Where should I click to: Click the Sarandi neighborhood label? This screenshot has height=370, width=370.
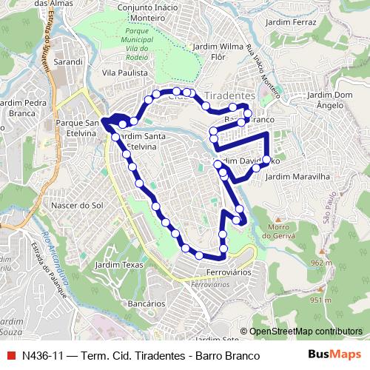point(67,63)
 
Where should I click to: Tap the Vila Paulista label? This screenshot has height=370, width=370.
point(124,73)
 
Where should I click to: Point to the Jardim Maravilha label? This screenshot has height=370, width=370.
point(296,177)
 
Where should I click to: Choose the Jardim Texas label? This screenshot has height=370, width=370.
point(118,264)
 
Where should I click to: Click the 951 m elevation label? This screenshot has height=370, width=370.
point(320,300)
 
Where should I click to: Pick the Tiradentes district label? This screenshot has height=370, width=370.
point(229,96)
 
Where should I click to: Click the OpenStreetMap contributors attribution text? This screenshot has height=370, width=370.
point(305,332)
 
